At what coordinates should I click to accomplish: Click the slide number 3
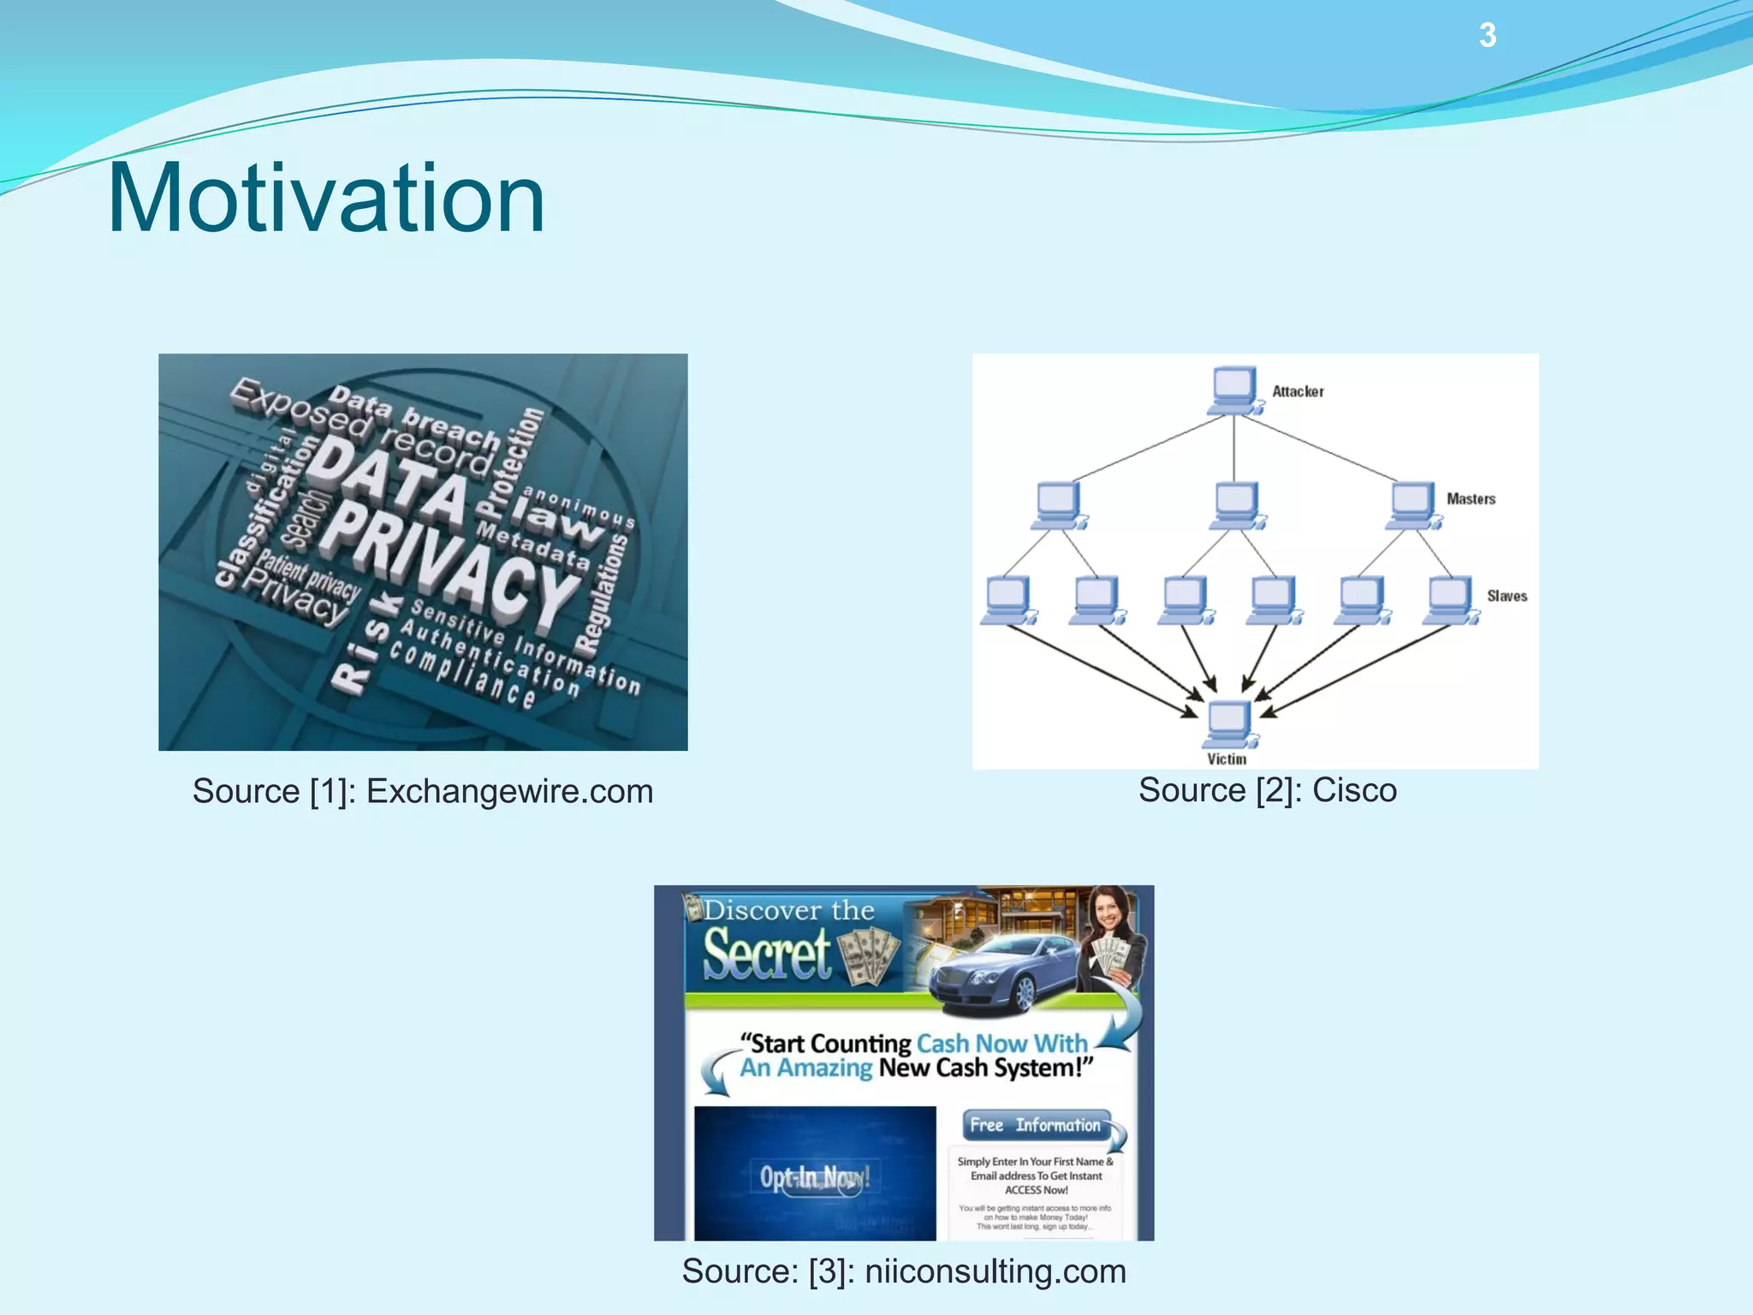pyautogui.click(x=1487, y=36)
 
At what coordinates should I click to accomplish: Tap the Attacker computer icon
pyautogui.click(x=1234, y=390)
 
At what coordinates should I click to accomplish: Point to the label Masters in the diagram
pyautogui.click(x=1471, y=499)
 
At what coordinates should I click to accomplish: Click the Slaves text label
pyautogui.click(x=1506, y=596)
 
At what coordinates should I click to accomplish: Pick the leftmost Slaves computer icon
pyautogui.click(x=1007, y=599)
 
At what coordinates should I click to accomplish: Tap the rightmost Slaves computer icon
pyautogui.click(x=1450, y=599)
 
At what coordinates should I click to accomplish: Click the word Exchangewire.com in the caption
pyautogui.click(x=509, y=791)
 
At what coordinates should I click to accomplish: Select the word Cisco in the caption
pyautogui.click(x=1354, y=789)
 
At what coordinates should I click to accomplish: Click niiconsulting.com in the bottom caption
pyautogui.click(x=995, y=1270)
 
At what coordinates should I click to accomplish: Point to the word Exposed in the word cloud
pyautogui.click(x=300, y=409)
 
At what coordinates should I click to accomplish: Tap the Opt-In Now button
pyautogui.click(x=814, y=1178)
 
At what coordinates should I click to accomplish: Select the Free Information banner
pyautogui.click(x=1036, y=1125)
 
